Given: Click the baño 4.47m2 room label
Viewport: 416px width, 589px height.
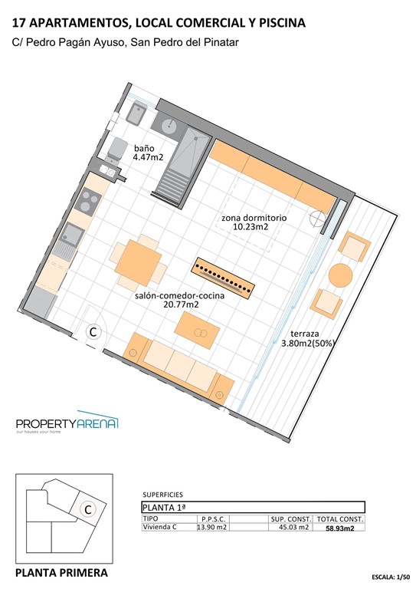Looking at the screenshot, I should coord(149,152).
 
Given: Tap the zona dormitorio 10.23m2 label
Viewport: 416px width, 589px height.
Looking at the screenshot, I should coord(254,222).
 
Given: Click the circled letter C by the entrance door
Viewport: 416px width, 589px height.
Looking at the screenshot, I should coord(93,332).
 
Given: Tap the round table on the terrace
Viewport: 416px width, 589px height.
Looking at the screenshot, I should coord(340,275).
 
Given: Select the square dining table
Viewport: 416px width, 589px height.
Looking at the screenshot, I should coord(138,261).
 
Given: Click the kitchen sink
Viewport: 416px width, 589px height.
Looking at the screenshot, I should coord(75,235).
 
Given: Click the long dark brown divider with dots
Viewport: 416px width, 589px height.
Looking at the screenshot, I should coord(222,278).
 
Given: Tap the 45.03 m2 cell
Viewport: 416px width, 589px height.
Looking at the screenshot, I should coord(292,527).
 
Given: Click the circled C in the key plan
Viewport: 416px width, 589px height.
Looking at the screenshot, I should coord(88,509).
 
